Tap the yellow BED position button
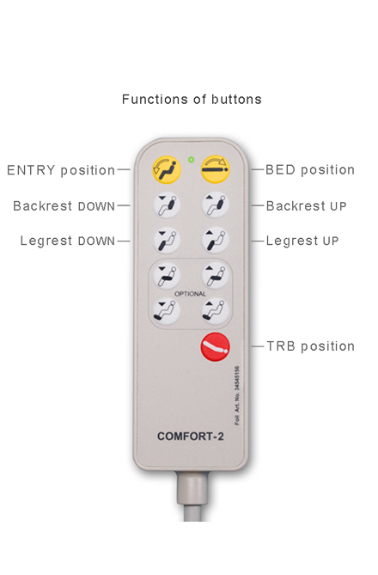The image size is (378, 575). (216, 169)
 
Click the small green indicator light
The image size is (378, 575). (191, 160)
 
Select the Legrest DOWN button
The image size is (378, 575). (167, 241)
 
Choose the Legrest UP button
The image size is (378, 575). (216, 241)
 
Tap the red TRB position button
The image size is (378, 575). (216, 347)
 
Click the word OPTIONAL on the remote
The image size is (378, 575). (190, 294)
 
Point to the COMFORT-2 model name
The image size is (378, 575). (190, 437)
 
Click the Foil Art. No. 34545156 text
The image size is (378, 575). (237, 395)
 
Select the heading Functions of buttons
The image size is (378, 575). (192, 100)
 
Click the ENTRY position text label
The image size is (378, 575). (61, 170)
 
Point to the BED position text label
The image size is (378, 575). (310, 170)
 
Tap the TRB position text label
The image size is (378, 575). (310, 346)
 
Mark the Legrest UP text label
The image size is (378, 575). (302, 241)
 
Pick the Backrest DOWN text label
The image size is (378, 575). (64, 206)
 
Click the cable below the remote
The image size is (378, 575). (192, 496)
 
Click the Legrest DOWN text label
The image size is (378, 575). (68, 241)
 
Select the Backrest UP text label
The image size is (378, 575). (306, 206)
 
